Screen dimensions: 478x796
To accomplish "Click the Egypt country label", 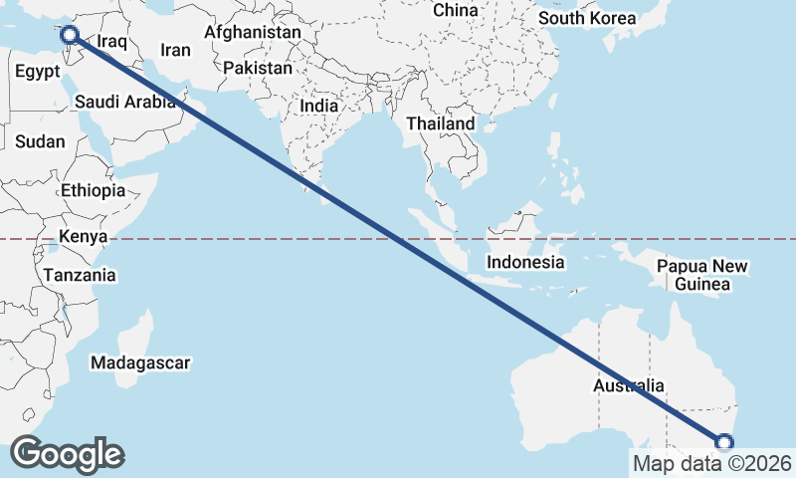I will point(38,72).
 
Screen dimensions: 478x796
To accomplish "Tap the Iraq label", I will point(113,43).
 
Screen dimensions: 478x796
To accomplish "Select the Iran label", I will point(175,50).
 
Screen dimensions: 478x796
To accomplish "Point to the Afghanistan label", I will point(252,32).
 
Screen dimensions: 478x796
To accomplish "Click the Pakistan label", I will point(258,68).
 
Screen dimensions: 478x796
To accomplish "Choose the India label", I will point(319,106).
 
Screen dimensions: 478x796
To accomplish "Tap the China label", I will point(456,10).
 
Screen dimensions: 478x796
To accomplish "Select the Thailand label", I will point(441,123).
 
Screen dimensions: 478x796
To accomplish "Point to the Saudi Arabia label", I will point(125,102).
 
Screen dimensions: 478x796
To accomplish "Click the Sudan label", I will point(40,141).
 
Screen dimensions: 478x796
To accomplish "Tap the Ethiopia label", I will point(93,190).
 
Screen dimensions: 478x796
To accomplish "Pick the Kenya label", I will point(83,236).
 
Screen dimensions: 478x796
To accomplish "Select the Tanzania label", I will point(80,275).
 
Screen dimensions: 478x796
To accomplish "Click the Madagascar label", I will point(139,362).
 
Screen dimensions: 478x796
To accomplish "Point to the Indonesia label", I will point(525,263).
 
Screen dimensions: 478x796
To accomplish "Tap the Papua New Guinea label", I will point(702,275).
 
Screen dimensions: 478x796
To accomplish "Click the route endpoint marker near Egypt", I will point(70,37).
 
